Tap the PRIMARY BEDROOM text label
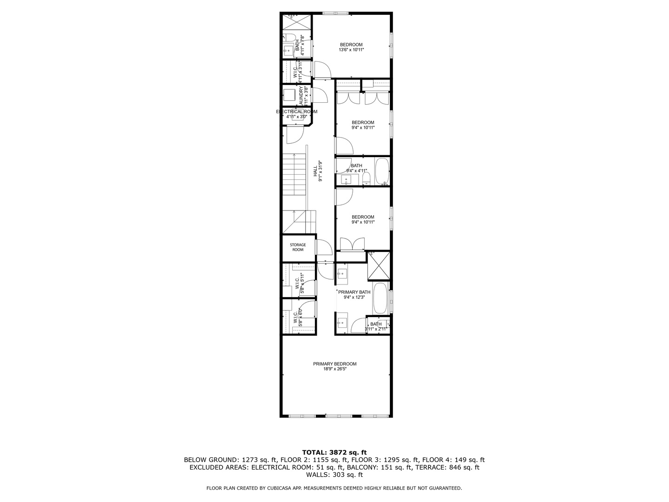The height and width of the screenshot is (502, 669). [334, 364]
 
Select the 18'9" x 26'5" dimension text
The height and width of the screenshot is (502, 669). [334, 369]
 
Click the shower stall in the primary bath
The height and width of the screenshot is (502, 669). [379, 266]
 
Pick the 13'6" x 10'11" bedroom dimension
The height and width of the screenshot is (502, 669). [351, 50]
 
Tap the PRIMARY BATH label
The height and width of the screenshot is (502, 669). [354, 292]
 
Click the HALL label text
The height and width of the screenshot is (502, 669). [315, 171]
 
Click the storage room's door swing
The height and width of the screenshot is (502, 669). [323, 246]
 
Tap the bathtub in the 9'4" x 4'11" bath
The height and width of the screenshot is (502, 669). [382, 172]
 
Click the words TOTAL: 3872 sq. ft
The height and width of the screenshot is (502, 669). [334, 452]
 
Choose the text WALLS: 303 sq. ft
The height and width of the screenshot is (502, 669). [334, 475]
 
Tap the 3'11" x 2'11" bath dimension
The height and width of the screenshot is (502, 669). [376, 329]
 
